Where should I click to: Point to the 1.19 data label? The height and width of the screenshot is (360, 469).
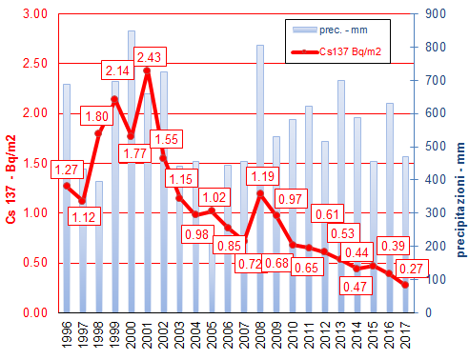coord(262,176)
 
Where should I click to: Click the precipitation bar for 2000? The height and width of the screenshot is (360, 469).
coord(132,171)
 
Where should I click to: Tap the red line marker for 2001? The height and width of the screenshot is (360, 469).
coord(147,70)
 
